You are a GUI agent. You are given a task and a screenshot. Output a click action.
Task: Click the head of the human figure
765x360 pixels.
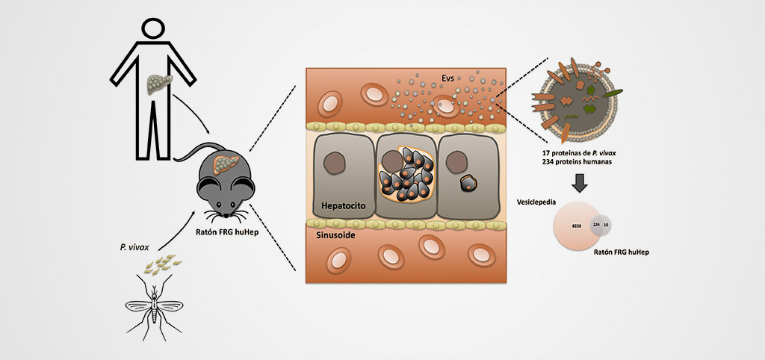pos(153,30)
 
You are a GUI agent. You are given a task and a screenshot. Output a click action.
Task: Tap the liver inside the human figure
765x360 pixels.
pos(160,82)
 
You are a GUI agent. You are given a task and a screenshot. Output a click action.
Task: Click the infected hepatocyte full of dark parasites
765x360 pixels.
pos(406,178)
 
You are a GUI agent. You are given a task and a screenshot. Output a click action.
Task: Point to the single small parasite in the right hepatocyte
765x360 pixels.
pos(468,184)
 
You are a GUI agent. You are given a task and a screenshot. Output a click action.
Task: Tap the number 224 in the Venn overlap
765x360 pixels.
pos(596,223)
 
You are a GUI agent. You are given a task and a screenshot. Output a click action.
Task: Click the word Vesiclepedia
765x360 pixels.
pos(537,202)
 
